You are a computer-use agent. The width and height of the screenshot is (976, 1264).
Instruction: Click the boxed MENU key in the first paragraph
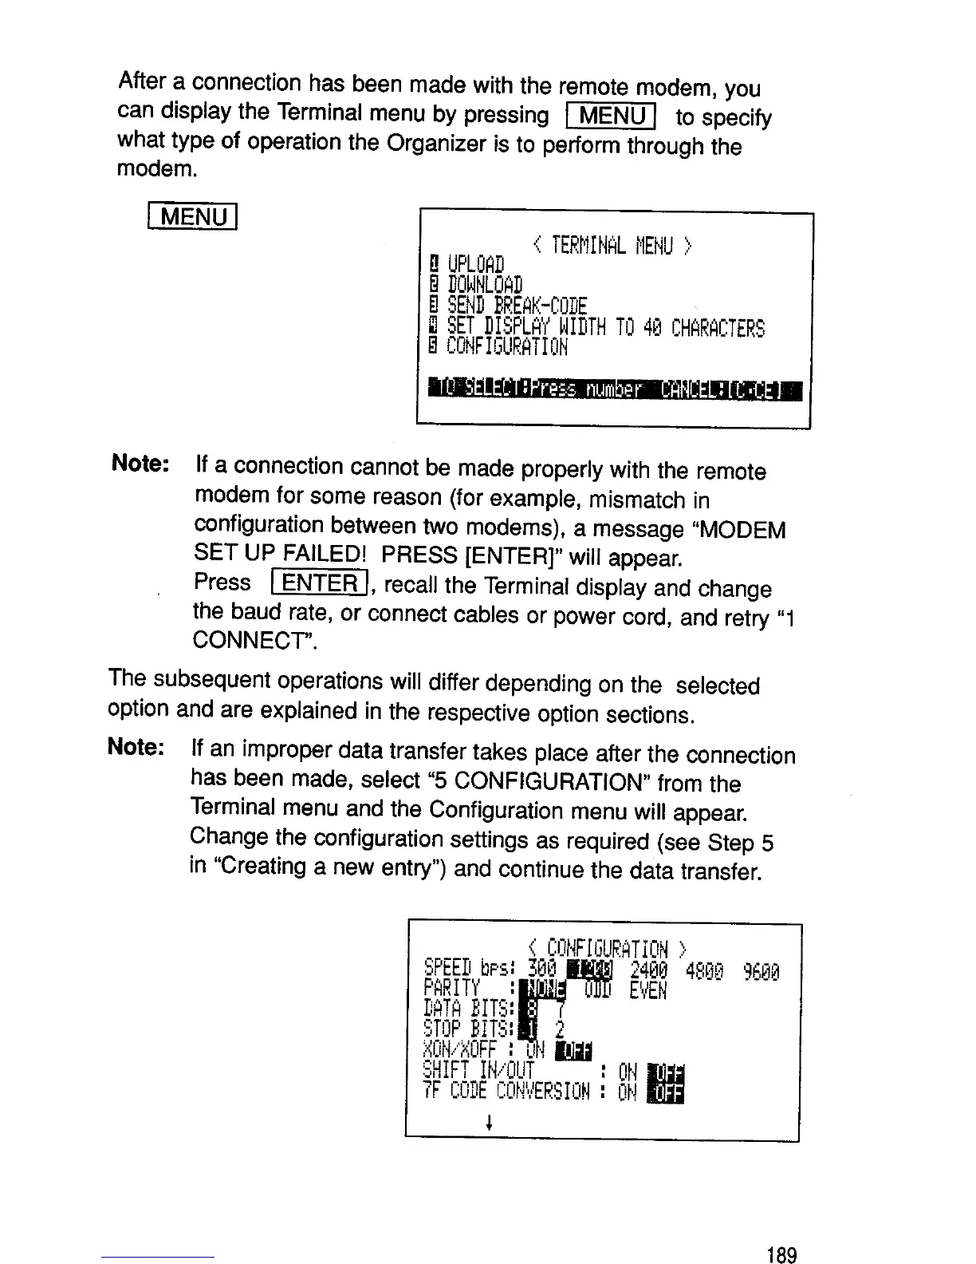pyautogui.click(x=609, y=117)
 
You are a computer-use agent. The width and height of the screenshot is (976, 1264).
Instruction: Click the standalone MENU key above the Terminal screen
pyautogui.click(x=193, y=217)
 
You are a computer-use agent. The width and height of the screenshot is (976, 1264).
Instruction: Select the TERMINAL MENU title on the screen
pyautogui.click(x=612, y=246)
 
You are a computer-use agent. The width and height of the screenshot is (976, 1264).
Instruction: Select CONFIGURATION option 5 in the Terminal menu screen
pyautogui.click(x=507, y=347)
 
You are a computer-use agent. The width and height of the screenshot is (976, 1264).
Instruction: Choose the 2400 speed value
pyautogui.click(x=647, y=970)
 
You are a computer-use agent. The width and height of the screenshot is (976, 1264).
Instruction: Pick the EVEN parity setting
pyautogui.click(x=647, y=990)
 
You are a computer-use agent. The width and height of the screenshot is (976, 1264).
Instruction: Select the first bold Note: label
pyautogui.click(x=140, y=464)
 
